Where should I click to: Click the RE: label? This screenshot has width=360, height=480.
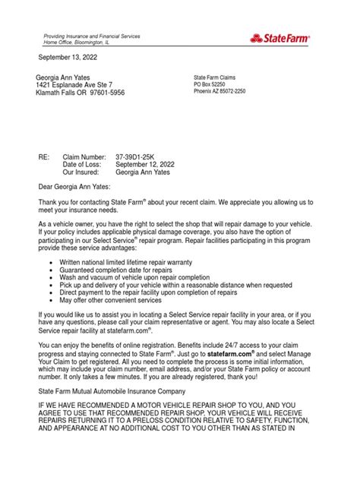coord(44,156)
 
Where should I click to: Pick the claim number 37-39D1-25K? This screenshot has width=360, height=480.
coord(141,156)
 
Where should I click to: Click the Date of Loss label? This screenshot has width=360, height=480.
coord(86,164)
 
